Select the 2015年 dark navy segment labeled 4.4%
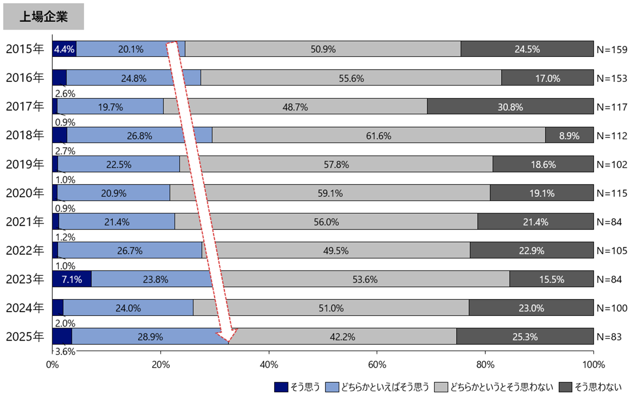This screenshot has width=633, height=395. tap(64, 50)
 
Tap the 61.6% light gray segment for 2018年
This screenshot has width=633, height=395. tap(378, 136)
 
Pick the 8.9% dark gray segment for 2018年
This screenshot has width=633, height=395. tap(569, 136)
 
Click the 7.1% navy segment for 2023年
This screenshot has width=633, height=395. tap(72, 280)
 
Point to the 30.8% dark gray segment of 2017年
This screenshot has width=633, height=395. tap(510, 107)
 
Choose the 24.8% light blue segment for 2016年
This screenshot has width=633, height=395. tap(133, 78)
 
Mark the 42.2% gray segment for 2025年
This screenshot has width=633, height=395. tap(342, 336)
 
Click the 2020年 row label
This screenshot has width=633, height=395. tap(25, 193)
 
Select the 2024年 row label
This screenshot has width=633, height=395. tap(25, 308)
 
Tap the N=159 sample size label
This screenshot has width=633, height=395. tap(612, 50)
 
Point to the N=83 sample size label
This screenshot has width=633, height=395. tap(609, 336)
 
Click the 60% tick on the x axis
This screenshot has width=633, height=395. tap(377, 364)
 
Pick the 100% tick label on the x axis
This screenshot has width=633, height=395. tap(593, 364)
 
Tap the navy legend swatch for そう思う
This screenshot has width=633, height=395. tap(282, 387)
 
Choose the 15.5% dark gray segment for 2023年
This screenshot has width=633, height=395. tap(551, 280)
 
